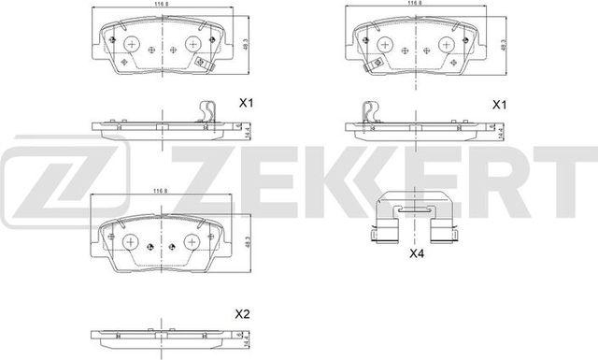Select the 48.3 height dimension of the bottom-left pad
240,239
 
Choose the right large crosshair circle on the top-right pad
447,42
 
